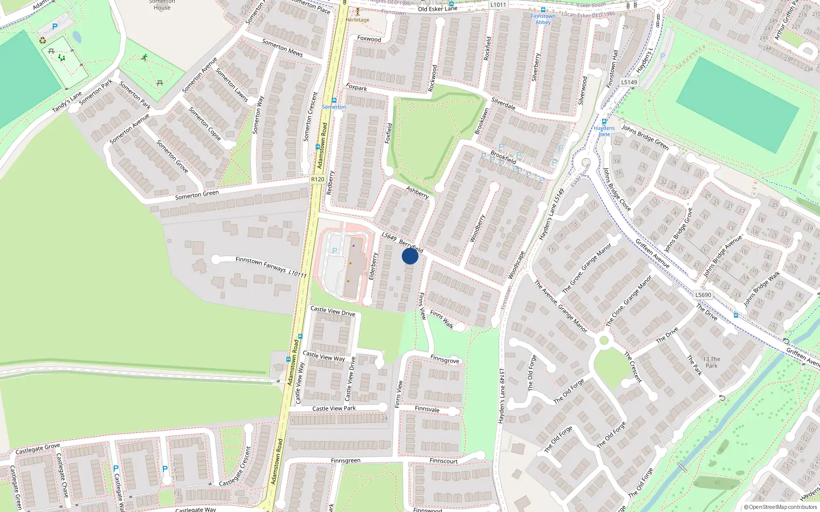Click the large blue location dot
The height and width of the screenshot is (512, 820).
point(409,256)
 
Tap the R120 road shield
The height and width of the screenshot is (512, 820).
point(317,179)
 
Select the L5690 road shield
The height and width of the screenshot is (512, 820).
point(703,295)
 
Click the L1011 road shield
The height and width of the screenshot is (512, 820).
point(498,5)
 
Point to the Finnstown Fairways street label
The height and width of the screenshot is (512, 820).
point(260,264)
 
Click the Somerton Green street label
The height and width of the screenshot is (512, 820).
point(197,195)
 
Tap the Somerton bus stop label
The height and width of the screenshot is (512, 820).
point(334,107)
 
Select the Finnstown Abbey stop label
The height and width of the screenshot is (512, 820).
point(543,19)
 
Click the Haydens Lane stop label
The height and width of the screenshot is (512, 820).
point(604,131)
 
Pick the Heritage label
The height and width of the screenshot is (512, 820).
point(357,20)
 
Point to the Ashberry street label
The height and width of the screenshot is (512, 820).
point(417,192)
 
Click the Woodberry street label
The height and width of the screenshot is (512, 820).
point(478,228)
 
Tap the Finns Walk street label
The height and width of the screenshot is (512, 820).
point(442,319)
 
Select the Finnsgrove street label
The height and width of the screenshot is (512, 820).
point(445,359)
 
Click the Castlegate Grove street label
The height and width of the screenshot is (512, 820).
point(37,449)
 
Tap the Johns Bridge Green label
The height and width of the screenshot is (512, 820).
point(645,137)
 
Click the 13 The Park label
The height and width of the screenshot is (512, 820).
point(711,362)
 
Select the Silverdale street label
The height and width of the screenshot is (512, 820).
point(503,103)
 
